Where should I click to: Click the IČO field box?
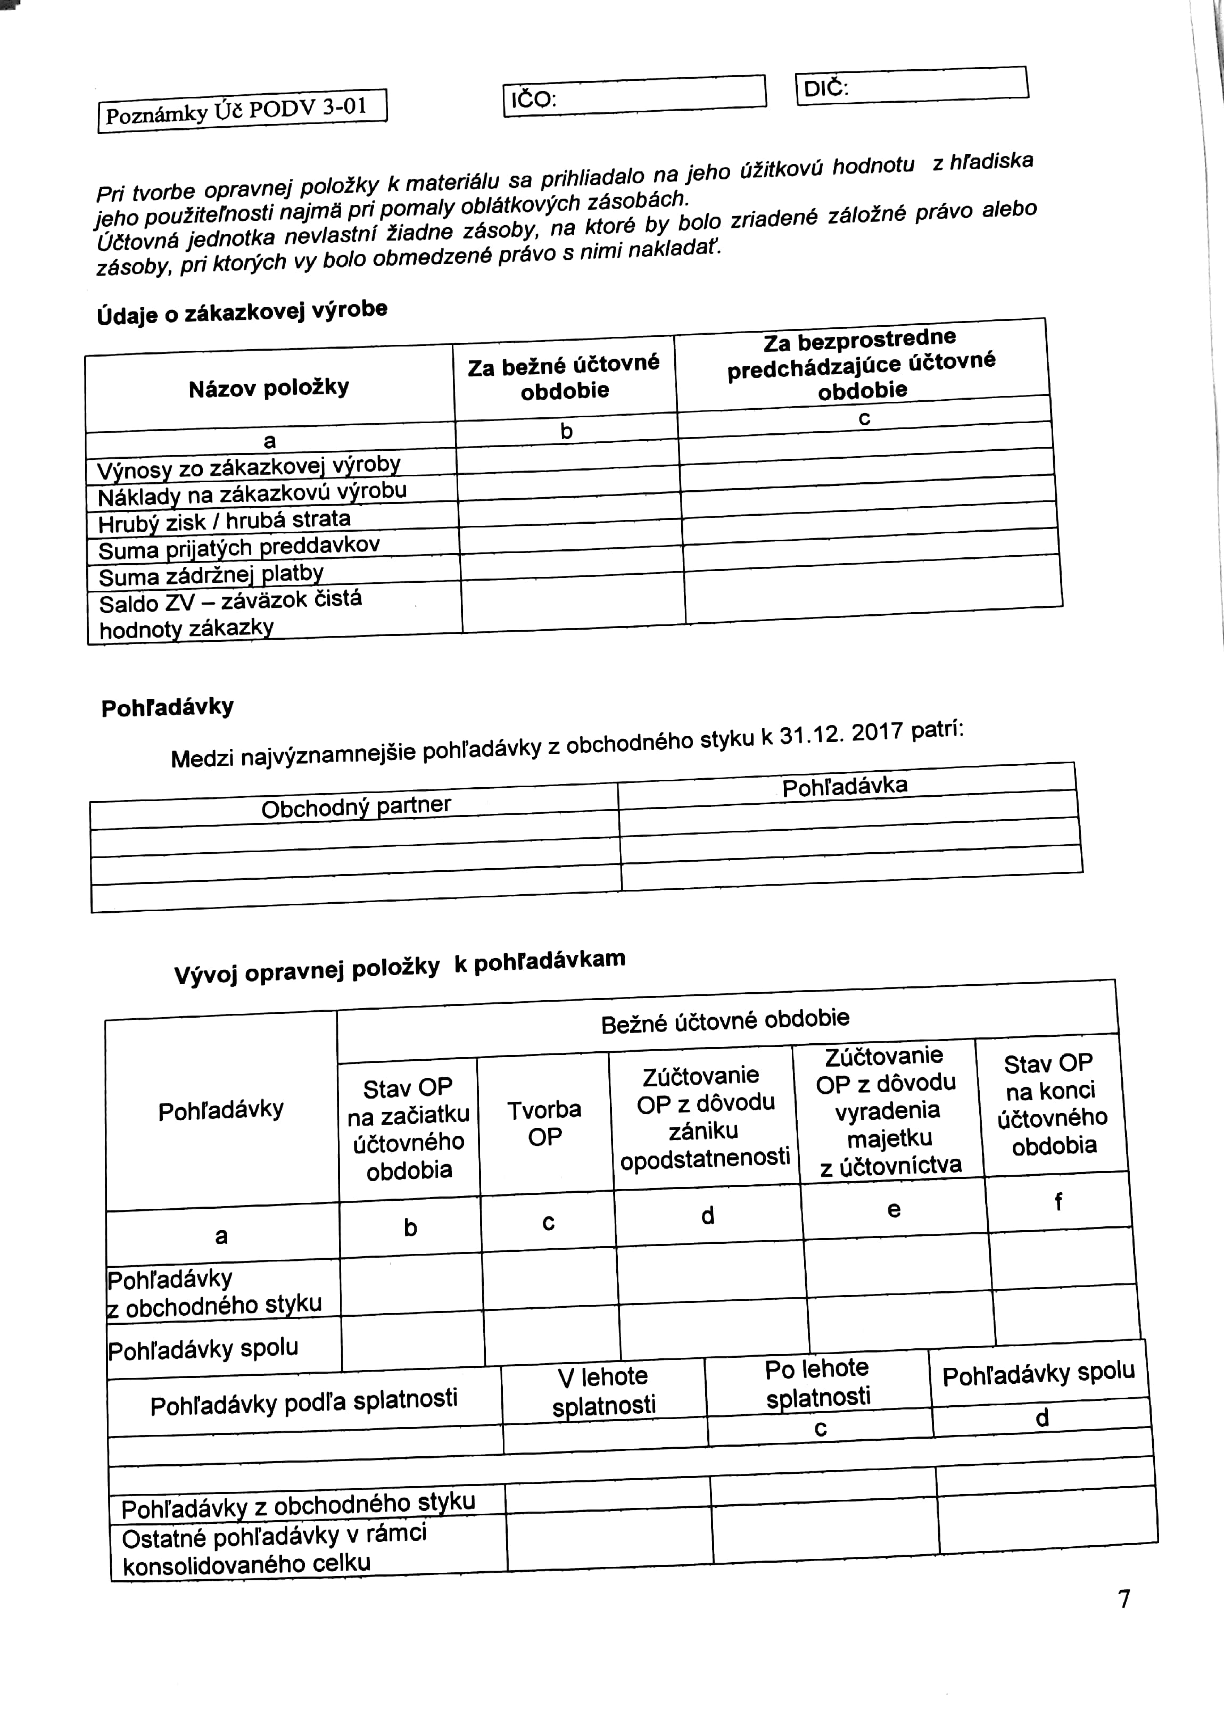[x=634, y=96]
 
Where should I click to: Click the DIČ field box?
[x=912, y=85]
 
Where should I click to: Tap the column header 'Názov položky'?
[x=269, y=388]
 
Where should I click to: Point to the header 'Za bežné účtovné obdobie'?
[x=564, y=377]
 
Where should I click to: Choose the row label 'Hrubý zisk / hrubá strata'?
[x=225, y=521]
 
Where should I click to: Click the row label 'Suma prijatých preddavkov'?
[x=239, y=547]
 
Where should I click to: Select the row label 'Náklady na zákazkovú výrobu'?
[x=252, y=493]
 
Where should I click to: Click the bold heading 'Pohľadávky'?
[x=167, y=707]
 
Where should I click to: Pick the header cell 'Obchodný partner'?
[x=355, y=807]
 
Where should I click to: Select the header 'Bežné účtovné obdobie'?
[x=725, y=1020]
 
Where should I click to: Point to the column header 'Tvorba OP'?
[x=544, y=1123]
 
